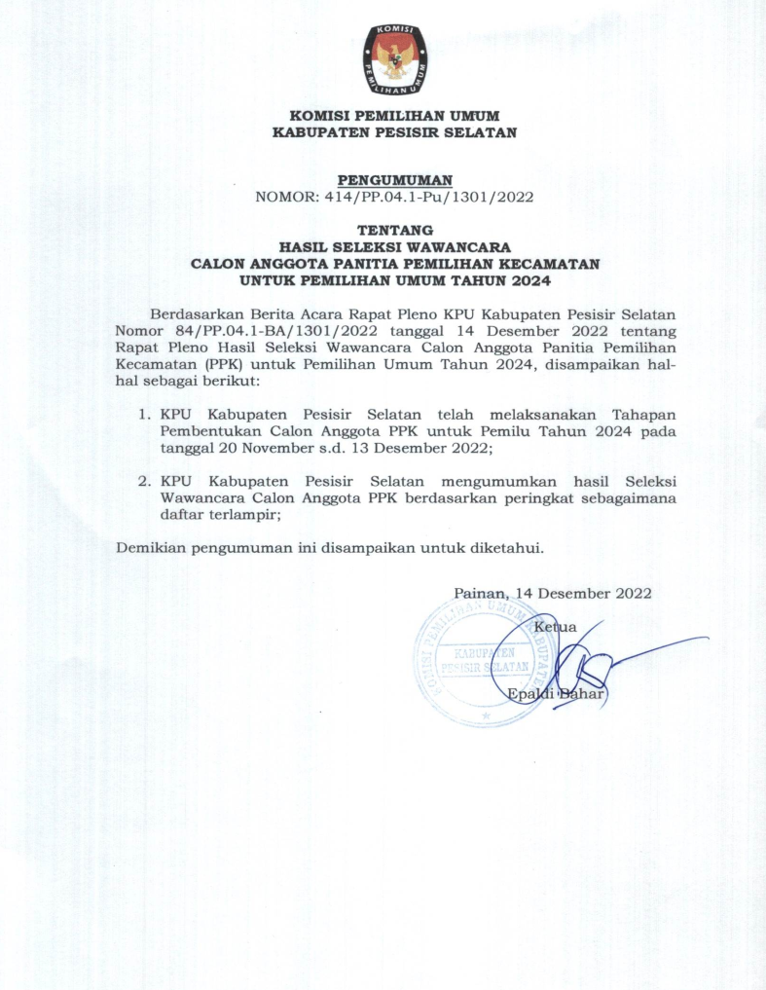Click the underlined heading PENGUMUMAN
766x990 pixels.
point(394,180)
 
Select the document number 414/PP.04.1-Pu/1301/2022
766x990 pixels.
point(394,198)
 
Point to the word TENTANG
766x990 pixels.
point(394,231)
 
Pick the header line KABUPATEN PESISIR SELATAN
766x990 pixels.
point(394,131)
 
